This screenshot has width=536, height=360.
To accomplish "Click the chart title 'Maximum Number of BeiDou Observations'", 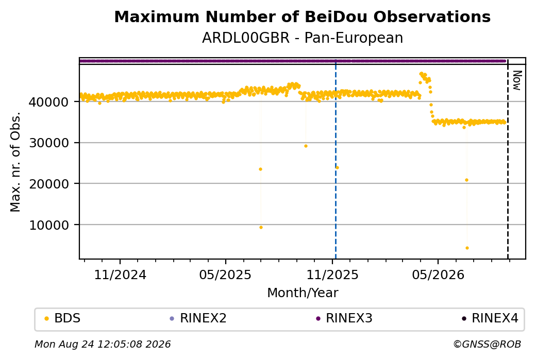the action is [302, 16].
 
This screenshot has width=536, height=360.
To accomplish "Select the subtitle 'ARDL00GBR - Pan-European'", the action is [302, 38].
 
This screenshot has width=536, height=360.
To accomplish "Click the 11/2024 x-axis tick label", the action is [120, 275].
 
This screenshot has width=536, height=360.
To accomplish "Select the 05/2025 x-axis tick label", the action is [225, 275].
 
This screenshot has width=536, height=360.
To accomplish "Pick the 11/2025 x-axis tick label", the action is [332, 275].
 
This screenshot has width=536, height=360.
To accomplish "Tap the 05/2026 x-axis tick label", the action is [438, 275].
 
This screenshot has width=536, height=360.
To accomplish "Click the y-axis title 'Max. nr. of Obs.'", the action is [15, 162].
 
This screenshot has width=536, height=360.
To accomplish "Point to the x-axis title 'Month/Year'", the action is [303, 293].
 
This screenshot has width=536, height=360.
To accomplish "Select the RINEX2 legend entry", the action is [198, 318].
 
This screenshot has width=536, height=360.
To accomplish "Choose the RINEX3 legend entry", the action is [344, 318].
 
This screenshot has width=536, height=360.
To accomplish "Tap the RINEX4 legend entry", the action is [490, 318].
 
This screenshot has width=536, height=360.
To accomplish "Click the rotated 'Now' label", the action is [517, 81].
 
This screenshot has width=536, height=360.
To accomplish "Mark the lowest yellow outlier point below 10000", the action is [467, 248].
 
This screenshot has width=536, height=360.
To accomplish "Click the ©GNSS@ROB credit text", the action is [487, 344].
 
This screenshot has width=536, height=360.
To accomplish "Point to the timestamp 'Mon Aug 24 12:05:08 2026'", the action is [103, 344].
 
